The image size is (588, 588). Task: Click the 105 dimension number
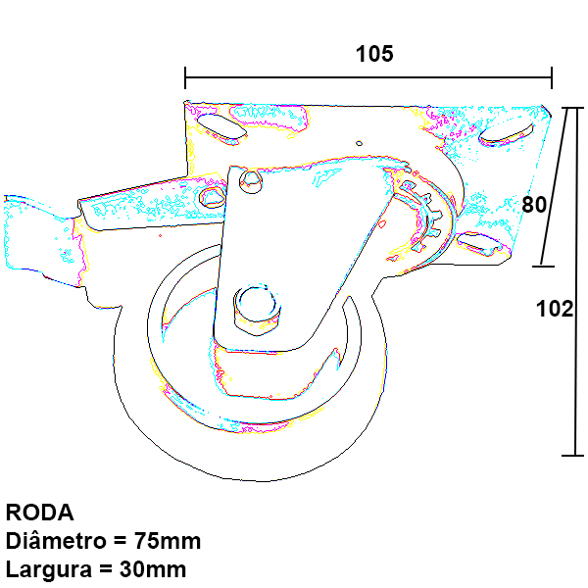click(374, 54)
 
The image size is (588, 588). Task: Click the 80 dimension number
click(534, 205)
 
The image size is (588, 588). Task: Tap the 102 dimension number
click(555, 309)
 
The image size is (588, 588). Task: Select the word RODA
click(40, 513)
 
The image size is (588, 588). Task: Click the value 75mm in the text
click(168, 541)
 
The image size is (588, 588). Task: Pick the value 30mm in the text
click(153, 569)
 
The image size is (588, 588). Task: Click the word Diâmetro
click(56, 540)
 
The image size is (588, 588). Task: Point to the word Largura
click(49, 570)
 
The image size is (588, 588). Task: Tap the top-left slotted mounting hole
click(221, 127)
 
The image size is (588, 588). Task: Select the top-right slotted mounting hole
click(507, 134)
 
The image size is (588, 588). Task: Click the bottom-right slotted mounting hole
click(479, 243)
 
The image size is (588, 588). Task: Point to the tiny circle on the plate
click(359, 143)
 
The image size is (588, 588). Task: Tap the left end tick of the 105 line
click(185, 78)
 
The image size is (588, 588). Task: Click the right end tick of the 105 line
click(552, 78)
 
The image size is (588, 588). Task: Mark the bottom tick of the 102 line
click(572, 456)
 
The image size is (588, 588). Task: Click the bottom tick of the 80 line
click(543, 267)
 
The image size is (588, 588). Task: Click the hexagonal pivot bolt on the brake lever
click(213, 197)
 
